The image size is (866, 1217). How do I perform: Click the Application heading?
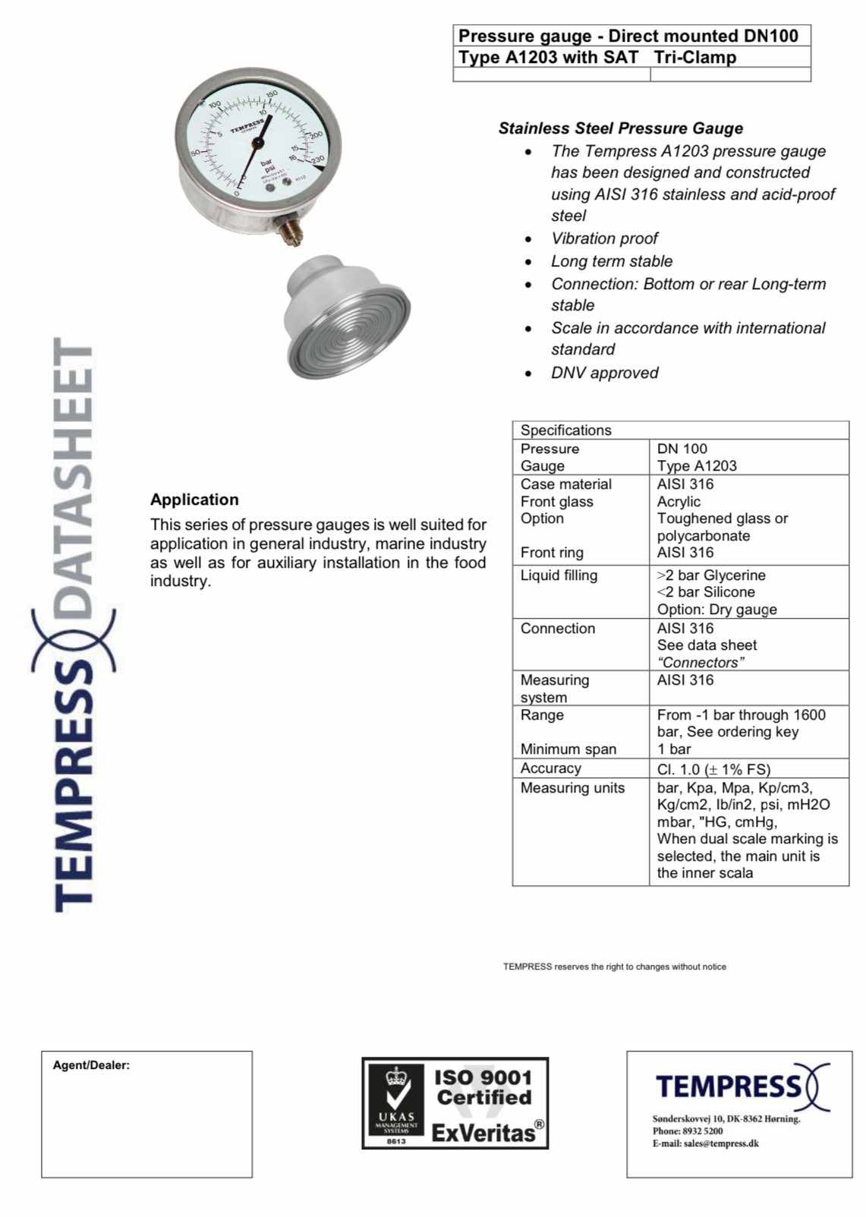[x=194, y=500]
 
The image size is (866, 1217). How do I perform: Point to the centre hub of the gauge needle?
[x=257, y=142]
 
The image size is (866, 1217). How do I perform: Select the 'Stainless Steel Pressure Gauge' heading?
[x=620, y=128]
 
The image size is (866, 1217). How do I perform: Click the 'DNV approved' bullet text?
[x=604, y=373]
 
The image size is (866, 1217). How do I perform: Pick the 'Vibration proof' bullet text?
[x=604, y=238]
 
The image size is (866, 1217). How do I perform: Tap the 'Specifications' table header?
[x=565, y=430]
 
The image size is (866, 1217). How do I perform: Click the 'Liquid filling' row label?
[x=559, y=575]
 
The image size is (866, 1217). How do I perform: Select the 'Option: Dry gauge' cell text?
[x=716, y=609]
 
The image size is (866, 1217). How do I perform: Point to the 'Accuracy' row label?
[x=550, y=768]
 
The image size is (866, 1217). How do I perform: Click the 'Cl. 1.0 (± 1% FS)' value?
[x=713, y=769]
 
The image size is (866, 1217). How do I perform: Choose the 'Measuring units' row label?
[x=572, y=788]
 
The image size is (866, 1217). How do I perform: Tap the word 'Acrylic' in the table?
[x=679, y=502]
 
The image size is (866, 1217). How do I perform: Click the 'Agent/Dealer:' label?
[x=91, y=1065]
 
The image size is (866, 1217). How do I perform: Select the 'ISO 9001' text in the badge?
[x=483, y=1077]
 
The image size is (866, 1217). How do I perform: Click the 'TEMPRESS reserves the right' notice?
[x=614, y=966]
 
